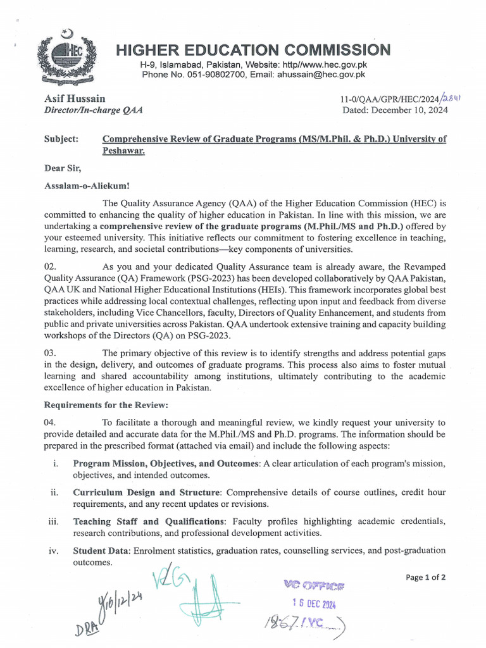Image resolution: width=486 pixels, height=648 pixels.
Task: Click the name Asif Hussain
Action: (75, 99)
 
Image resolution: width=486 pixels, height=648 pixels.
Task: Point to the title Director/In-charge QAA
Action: (93, 109)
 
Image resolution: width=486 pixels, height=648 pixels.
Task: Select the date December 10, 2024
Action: (409, 109)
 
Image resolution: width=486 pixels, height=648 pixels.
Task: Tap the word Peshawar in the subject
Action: (123, 151)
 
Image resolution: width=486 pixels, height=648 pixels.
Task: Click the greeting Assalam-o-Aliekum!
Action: (86, 187)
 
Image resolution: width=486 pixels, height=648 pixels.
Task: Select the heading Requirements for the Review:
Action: (106, 405)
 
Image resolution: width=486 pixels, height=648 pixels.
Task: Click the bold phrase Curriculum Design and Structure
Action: (146, 492)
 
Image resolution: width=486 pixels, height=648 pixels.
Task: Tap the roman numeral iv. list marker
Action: (54, 551)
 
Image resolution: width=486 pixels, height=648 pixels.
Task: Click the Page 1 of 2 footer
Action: (425, 577)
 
